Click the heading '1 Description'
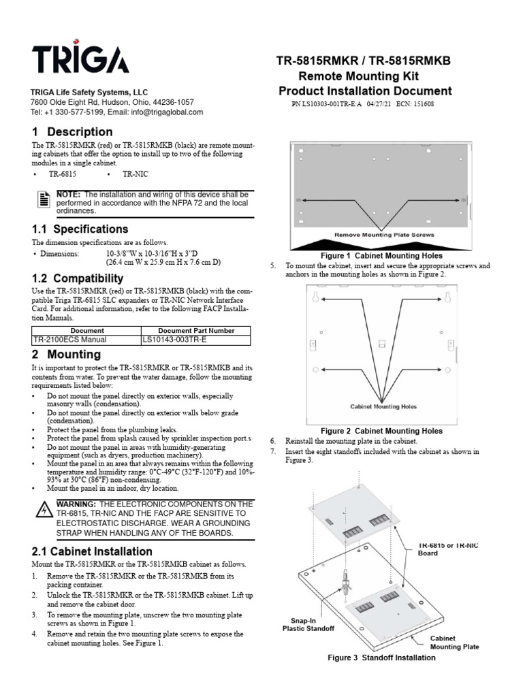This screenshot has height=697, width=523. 72,132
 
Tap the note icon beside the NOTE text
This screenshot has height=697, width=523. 44,199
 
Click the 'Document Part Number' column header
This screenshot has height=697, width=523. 196,330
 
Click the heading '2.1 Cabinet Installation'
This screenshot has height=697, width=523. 92,551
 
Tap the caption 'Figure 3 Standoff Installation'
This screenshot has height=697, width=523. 381,658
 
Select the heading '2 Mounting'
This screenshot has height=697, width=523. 66,355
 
